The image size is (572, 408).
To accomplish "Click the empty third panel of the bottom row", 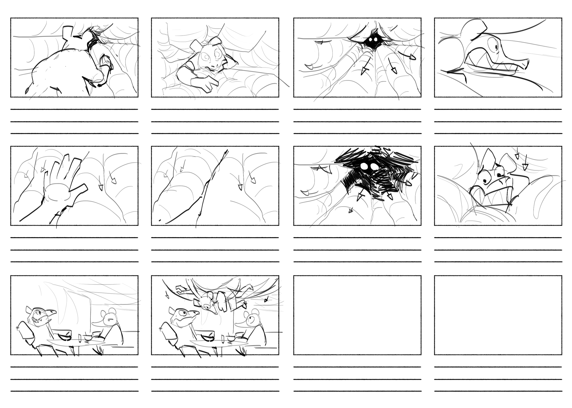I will (357, 315).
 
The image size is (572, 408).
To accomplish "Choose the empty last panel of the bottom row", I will (498, 315).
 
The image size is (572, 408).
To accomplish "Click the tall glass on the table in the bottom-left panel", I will (80, 338).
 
